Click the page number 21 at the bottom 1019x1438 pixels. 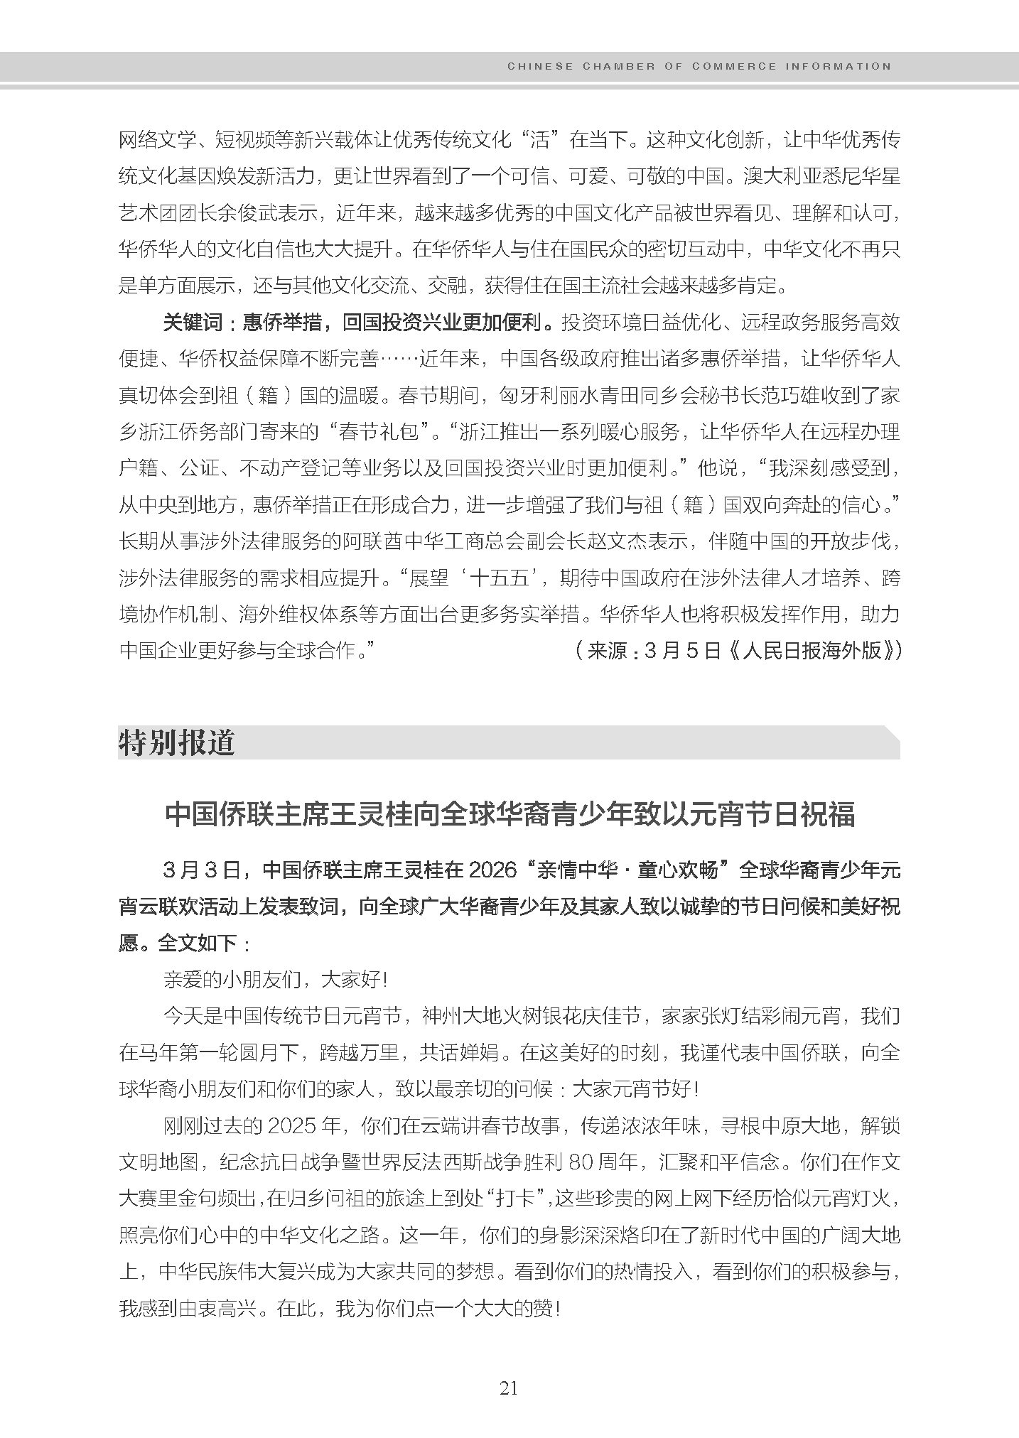pos(509,1388)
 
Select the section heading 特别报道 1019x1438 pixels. pos(176,743)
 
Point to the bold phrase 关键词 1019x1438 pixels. pos(193,323)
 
